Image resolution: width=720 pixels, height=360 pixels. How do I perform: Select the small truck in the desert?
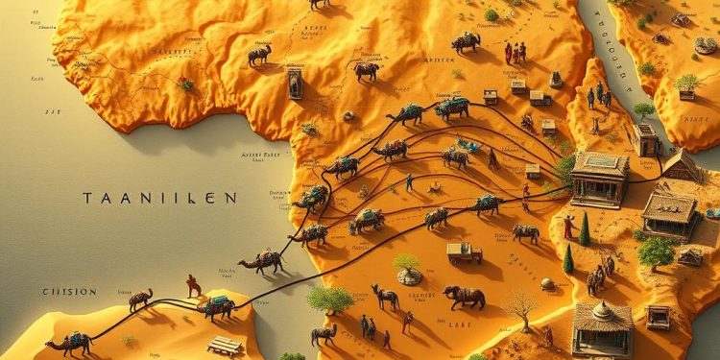tap(464, 252)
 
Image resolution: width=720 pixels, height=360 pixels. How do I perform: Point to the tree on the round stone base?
tap(408, 268)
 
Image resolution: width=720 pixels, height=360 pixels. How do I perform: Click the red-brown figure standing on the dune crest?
tap(194, 285)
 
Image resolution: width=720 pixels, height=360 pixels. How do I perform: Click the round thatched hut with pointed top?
tap(602, 326)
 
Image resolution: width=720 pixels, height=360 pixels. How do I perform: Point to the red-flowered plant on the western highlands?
tap(184, 84)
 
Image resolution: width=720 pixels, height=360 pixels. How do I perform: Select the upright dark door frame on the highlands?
tap(295, 84)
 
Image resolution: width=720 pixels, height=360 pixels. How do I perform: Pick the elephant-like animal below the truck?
tap(464, 297)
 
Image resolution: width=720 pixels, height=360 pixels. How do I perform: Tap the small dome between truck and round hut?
tap(547, 284)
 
